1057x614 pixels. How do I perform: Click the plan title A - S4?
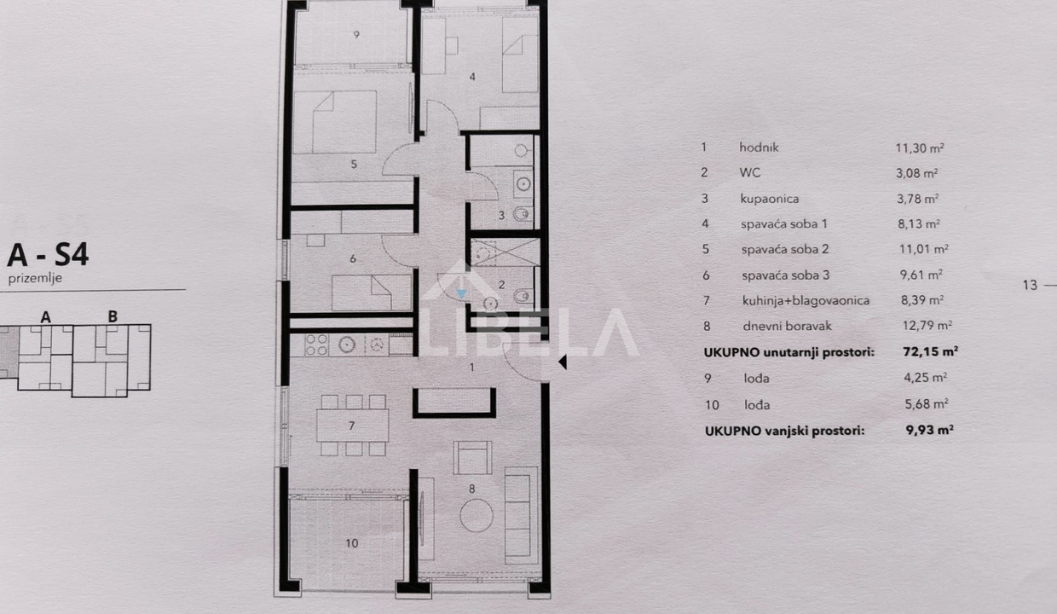click(x=48, y=255)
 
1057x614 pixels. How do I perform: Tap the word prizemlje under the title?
click(x=35, y=278)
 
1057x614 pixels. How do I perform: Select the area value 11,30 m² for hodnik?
click(x=920, y=148)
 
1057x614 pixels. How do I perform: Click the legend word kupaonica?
click(x=769, y=199)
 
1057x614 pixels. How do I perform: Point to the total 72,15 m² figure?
click(x=930, y=351)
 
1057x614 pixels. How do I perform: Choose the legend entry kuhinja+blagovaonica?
click(x=806, y=301)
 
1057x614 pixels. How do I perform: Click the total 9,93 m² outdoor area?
click(x=930, y=431)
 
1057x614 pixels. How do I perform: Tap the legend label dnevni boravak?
click(x=787, y=326)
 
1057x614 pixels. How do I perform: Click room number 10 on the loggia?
click(x=351, y=543)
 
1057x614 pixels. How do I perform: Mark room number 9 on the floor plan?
click(x=356, y=34)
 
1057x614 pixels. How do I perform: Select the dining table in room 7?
click(x=353, y=426)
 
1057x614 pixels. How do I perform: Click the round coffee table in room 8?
click(x=477, y=516)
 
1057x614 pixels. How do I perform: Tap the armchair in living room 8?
click(x=472, y=457)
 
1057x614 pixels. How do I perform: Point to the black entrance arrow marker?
click(x=562, y=362)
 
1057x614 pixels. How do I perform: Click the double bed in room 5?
click(x=334, y=122)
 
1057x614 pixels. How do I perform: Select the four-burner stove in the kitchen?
click(x=316, y=345)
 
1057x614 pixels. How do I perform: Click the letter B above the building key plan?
click(x=113, y=316)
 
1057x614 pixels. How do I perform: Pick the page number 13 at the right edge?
click(x=1030, y=285)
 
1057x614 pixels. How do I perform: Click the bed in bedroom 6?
click(x=372, y=293)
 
